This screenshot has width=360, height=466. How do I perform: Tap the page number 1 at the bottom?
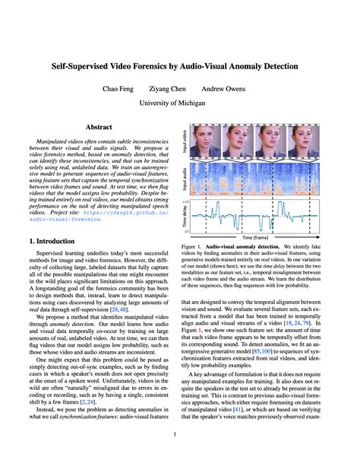pyautogui.click(x=179, y=435)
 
